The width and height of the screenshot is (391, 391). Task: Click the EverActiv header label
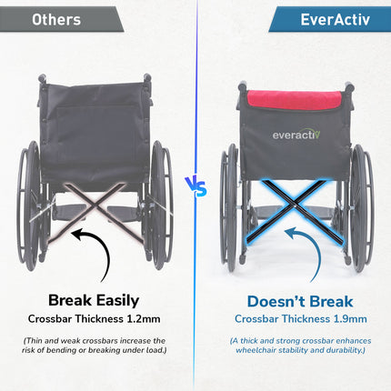(x=329, y=19)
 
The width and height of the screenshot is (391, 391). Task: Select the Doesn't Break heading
(x=299, y=300)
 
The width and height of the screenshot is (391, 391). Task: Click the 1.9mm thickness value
(x=350, y=319)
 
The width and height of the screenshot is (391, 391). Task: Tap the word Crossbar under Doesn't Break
(x=258, y=319)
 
